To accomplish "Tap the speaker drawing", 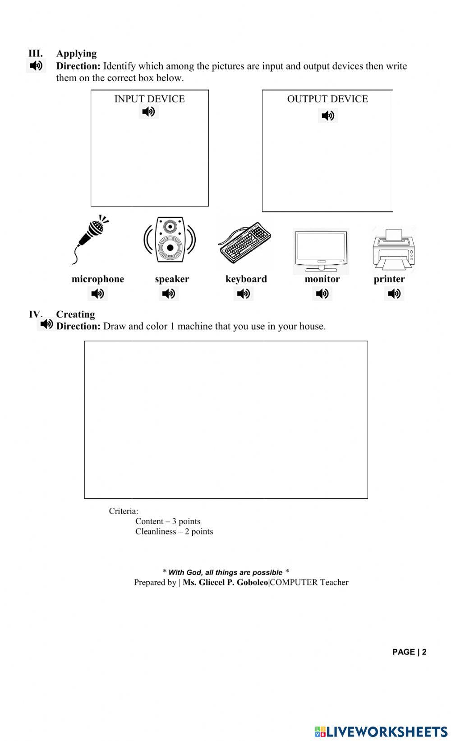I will [170, 239].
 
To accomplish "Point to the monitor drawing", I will [321, 251].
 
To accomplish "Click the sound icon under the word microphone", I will [97, 294].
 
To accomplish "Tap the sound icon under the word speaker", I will [169, 294].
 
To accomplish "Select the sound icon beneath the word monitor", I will [322, 294].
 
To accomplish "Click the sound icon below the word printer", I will [394, 294].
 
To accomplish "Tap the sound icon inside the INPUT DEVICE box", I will [148, 111].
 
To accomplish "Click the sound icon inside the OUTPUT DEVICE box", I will [328, 116].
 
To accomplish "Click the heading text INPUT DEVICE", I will [149, 99].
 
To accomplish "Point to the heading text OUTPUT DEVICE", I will [327, 99].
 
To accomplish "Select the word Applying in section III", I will [76, 54].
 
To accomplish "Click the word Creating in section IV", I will [75, 314].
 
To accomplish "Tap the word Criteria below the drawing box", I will [123, 511].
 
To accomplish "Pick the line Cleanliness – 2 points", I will [174, 531].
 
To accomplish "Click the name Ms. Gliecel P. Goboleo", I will [225, 582].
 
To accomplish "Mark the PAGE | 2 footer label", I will [409, 652].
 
